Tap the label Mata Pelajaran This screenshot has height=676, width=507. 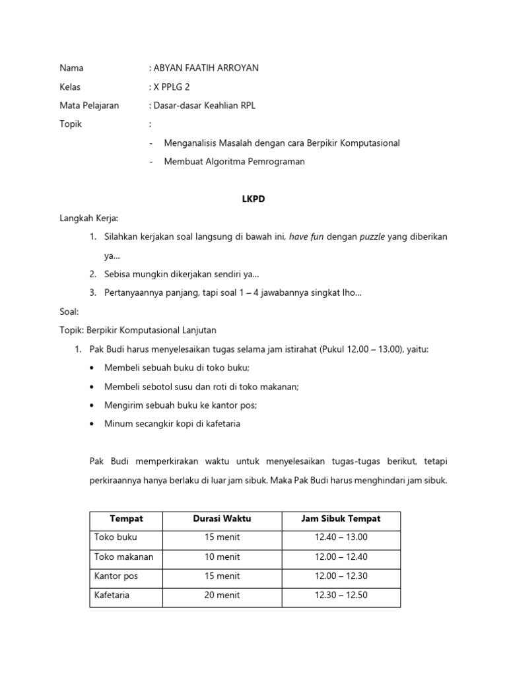coord(89,106)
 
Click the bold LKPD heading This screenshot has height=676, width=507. coord(253,199)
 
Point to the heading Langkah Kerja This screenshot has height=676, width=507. coord(89,218)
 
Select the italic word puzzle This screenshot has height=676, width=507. coord(372,236)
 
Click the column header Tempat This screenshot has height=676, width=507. coord(126,519)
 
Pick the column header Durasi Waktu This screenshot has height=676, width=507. coord(222,519)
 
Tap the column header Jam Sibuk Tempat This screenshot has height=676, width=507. coord(341,519)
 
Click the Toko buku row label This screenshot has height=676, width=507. coord(116,537)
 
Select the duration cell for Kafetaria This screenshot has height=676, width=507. coord(222,595)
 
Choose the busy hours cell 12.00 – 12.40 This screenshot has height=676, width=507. coord(341,557)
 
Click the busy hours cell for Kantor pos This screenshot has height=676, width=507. coord(341,576)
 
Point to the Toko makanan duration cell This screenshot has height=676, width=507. coord(222,557)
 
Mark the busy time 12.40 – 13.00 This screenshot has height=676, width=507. coord(341,537)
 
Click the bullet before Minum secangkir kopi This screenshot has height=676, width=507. coord(91,424)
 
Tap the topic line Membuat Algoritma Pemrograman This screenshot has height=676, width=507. coord(234,162)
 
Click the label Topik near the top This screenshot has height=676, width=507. coord(71,124)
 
